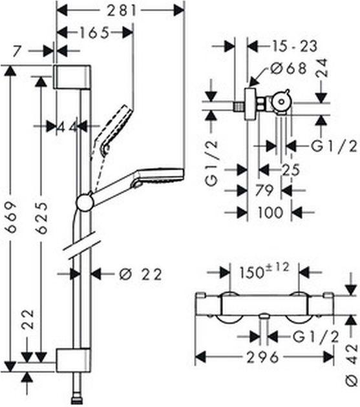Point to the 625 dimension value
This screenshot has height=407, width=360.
(39, 217)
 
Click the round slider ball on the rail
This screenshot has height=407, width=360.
(84, 203)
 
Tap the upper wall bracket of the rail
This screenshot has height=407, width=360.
(69, 78)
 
